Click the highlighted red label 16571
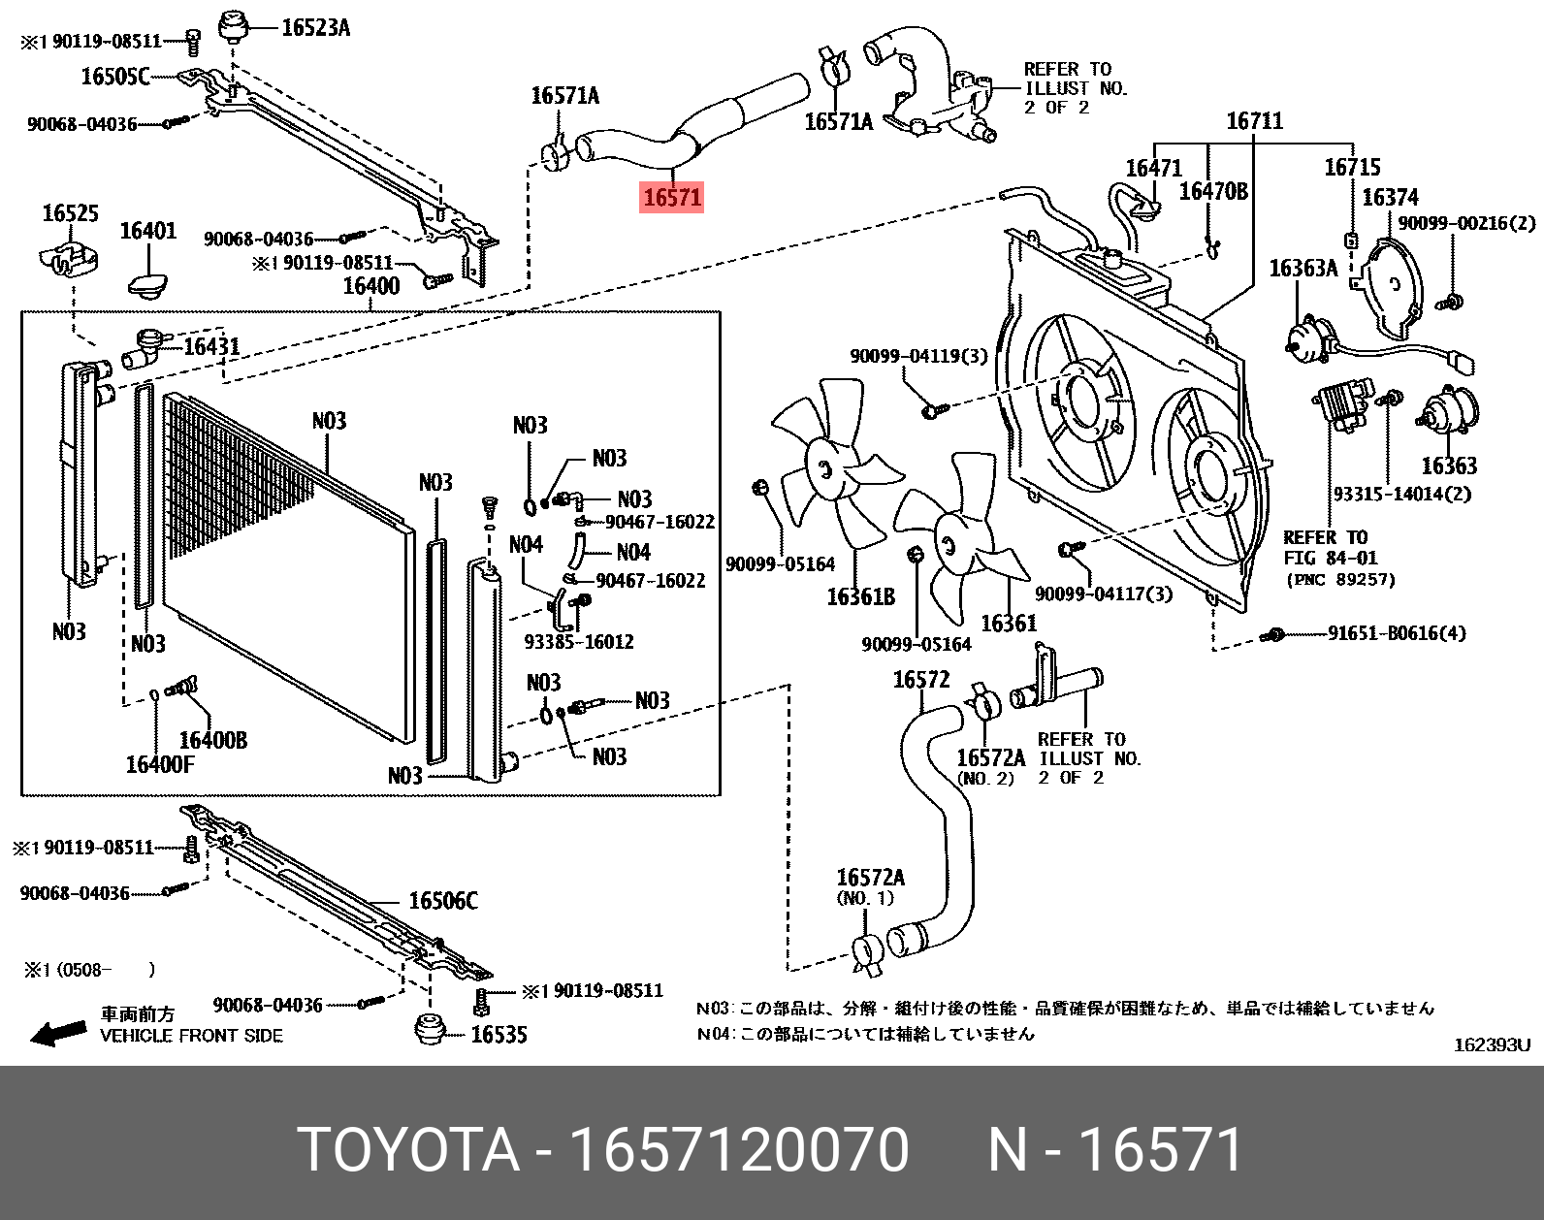coord(672,197)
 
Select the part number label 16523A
coord(315,27)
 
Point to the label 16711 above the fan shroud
coord(1254,121)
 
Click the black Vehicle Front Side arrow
coord(58,1033)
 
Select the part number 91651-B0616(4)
coord(1397,633)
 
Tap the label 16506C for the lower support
coord(442,901)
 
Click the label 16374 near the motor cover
coord(1390,198)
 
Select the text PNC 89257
coord(1341,580)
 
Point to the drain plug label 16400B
coord(212,740)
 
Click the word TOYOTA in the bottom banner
coord(408,1150)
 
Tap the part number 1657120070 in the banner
coord(738,1150)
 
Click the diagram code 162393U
coord(1491,1044)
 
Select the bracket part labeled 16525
coord(65,257)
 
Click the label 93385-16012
coord(578,641)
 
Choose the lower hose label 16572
coord(920,680)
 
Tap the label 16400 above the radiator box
coord(370,285)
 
